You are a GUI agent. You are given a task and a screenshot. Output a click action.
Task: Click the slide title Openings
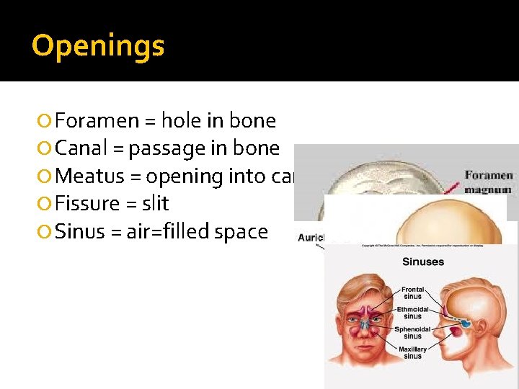[x=98, y=46]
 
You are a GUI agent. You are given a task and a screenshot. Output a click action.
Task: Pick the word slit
[x=155, y=204]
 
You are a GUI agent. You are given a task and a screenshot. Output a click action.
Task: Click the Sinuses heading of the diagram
[x=423, y=262]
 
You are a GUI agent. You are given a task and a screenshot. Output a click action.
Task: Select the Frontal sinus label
[x=413, y=292]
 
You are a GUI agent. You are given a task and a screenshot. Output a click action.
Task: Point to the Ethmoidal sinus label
[x=413, y=312]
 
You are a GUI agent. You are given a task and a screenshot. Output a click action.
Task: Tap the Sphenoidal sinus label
[x=412, y=333]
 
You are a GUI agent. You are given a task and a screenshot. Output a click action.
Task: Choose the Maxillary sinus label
[x=412, y=353]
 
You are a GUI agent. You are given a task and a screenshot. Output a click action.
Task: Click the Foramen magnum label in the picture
[x=489, y=182]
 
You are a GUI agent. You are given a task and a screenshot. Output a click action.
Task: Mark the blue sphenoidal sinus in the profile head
[x=465, y=323]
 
